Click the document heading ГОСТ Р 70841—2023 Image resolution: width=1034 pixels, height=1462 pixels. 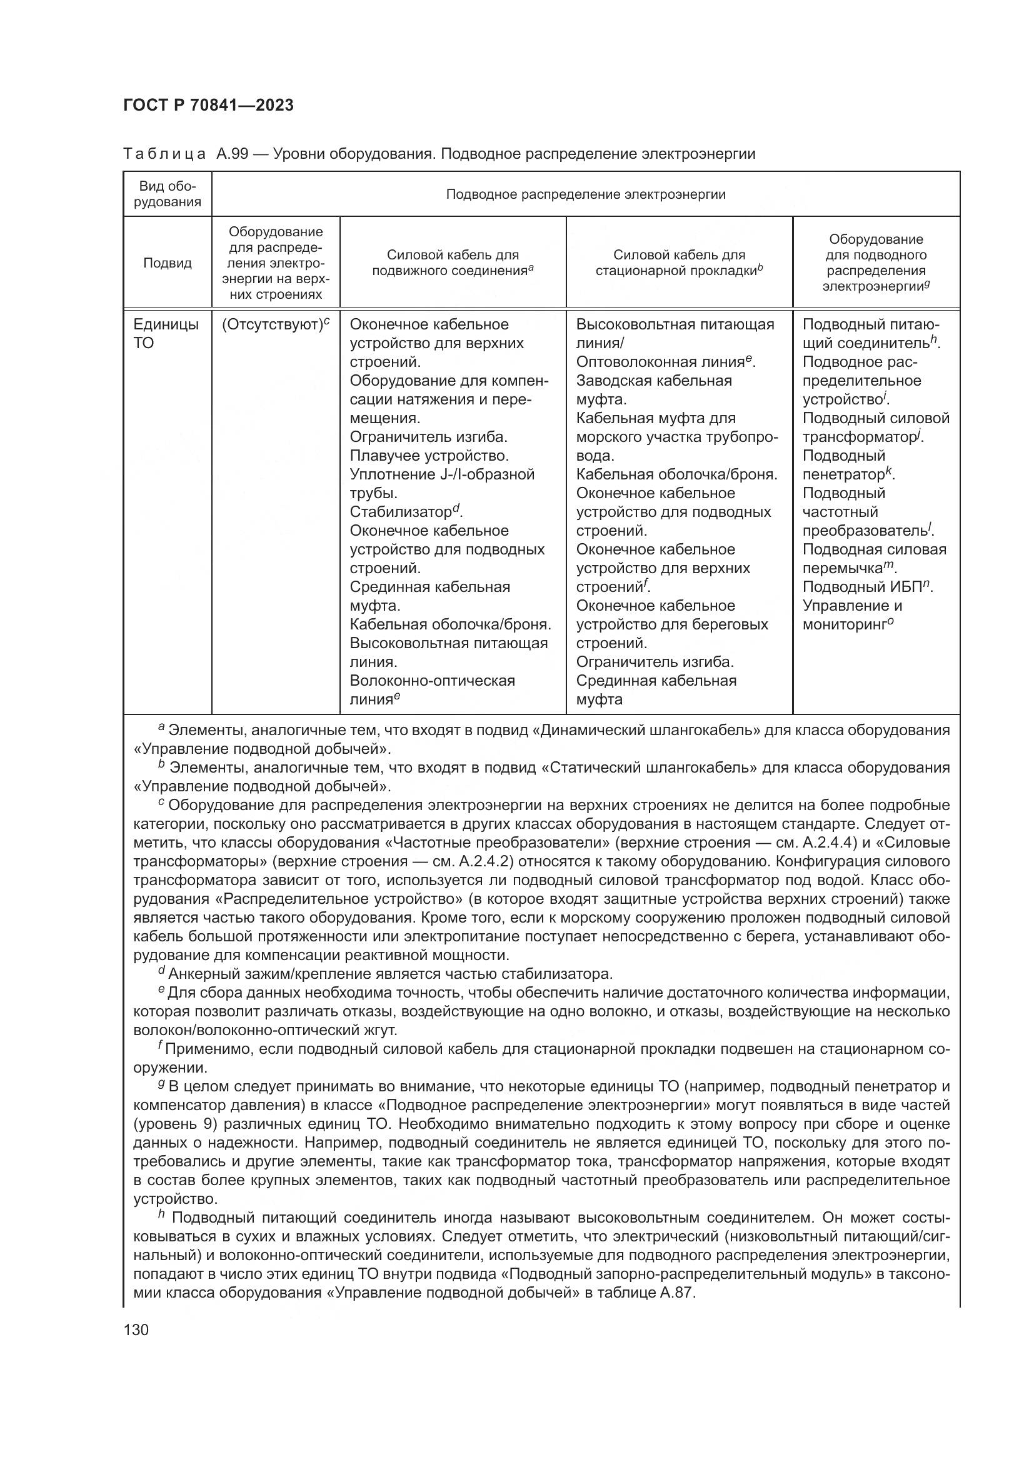click(x=208, y=105)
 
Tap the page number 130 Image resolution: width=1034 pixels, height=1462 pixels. click(x=136, y=1329)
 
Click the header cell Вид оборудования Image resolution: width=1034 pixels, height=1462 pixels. click(x=168, y=194)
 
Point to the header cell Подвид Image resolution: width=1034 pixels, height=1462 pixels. click(x=168, y=263)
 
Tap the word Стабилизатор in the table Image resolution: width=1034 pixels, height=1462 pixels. click(x=401, y=513)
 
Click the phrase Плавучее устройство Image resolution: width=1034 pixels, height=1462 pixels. click(x=429, y=456)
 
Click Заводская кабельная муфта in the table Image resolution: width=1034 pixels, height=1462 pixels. click(x=653, y=389)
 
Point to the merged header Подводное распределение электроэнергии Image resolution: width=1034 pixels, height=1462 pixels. click(x=585, y=194)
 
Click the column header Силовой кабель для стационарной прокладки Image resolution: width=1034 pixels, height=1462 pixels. click(x=679, y=263)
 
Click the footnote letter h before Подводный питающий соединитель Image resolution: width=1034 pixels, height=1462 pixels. click(x=161, y=1215)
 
